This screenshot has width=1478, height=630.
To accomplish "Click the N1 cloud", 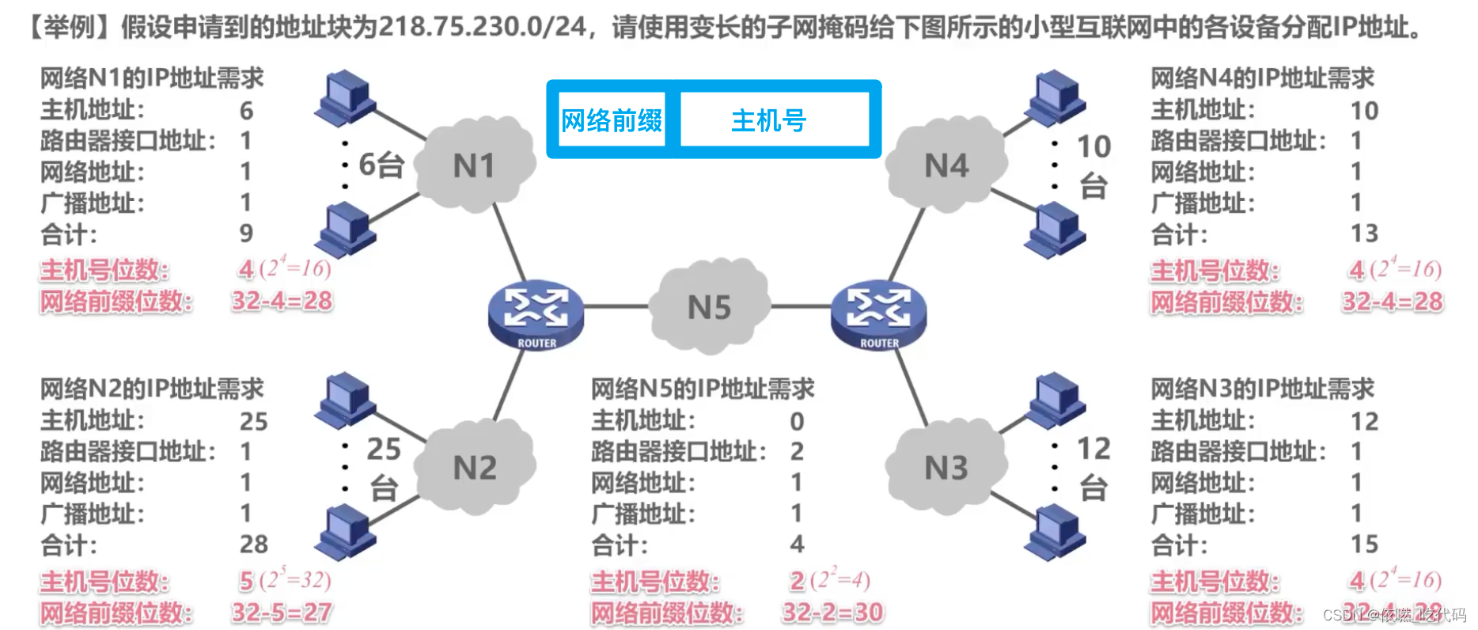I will (x=474, y=165).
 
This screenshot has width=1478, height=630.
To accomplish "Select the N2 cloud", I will (x=475, y=467).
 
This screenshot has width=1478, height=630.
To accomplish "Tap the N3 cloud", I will (x=946, y=467).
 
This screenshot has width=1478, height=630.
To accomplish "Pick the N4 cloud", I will (x=946, y=165).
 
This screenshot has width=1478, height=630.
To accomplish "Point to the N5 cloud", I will (x=709, y=307).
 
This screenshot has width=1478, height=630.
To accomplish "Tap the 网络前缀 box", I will (x=612, y=120).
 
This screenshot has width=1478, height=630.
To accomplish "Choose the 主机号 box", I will (x=769, y=120).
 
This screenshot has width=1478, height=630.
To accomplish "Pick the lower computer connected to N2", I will (x=345, y=530).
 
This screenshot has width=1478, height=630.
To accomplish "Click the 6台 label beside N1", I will (x=381, y=165).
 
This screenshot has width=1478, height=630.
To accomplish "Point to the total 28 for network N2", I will (x=254, y=544).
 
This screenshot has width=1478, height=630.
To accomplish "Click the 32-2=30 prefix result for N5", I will (x=832, y=612).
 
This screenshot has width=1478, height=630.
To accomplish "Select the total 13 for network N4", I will (x=1364, y=233).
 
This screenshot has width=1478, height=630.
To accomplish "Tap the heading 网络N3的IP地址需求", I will (x=1262, y=389).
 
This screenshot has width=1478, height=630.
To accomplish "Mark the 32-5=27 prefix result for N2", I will (x=282, y=612).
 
